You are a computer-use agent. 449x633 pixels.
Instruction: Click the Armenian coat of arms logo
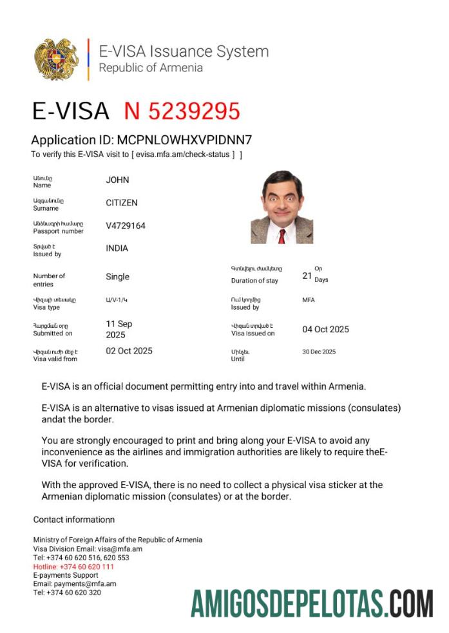click(57, 59)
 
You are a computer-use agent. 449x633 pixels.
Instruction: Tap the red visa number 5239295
click(182, 111)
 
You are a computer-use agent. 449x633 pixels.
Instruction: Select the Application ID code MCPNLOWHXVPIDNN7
click(184, 140)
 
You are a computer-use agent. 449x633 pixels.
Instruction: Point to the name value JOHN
click(117, 180)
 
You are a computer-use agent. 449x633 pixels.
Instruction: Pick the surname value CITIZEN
click(122, 203)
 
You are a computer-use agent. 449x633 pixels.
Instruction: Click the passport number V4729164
click(126, 226)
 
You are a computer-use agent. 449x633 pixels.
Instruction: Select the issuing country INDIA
click(117, 249)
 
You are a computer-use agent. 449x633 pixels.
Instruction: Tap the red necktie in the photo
click(282, 236)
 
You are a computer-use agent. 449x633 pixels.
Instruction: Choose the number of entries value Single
click(117, 277)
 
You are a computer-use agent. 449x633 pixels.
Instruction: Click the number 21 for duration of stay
click(307, 276)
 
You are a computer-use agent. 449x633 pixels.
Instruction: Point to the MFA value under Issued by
click(309, 300)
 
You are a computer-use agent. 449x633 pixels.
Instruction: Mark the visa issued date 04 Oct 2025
click(325, 330)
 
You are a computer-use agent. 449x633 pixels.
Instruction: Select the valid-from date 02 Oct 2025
click(129, 351)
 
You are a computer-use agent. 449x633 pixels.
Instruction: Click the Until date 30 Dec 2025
click(319, 352)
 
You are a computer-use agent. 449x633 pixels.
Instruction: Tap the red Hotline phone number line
click(73, 567)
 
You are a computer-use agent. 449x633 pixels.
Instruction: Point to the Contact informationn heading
click(73, 520)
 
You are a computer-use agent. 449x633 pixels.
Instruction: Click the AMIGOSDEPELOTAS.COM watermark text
click(312, 604)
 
